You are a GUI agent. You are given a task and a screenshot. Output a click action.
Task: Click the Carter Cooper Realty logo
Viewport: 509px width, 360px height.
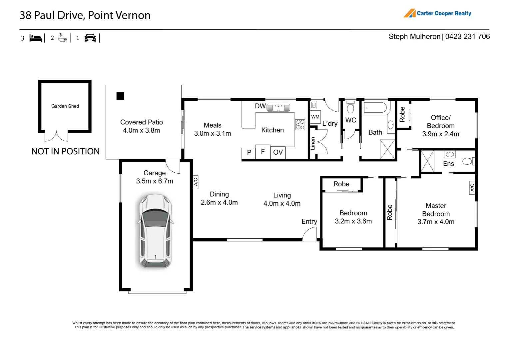point(437,13)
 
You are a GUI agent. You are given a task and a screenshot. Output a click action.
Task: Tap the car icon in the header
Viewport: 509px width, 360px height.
point(90,38)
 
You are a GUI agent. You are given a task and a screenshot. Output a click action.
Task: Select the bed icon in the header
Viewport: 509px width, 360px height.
point(36,38)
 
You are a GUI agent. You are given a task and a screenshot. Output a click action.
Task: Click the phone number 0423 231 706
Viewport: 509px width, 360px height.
point(467,37)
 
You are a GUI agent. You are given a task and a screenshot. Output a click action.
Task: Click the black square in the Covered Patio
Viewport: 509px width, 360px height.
point(120,96)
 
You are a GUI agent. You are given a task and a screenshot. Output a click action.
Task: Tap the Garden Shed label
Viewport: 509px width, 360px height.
point(65,106)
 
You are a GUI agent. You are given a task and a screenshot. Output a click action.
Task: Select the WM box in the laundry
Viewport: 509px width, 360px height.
point(315,117)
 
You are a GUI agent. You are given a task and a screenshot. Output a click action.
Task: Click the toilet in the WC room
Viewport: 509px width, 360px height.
point(350,108)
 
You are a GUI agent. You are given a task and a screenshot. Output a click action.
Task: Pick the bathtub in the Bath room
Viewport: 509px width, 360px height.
point(375,108)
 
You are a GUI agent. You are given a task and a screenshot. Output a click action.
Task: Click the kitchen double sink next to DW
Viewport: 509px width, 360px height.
point(278,107)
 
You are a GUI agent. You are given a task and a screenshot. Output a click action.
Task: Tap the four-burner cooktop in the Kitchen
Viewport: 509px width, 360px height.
point(300,125)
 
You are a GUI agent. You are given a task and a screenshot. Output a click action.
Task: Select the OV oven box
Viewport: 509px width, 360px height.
point(278,153)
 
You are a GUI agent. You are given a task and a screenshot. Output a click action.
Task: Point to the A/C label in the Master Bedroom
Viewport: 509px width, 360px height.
point(472,188)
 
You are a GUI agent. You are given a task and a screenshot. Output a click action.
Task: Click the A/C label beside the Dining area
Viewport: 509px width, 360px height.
point(196,182)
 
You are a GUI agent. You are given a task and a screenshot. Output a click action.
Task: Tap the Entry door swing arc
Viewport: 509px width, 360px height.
point(309,234)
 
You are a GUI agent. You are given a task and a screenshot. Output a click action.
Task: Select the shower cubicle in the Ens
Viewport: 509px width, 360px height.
point(427,161)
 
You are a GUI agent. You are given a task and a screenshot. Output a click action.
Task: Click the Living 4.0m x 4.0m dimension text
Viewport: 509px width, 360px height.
point(282,203)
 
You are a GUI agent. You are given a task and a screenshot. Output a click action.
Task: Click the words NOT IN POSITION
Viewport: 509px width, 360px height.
point(66,152)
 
